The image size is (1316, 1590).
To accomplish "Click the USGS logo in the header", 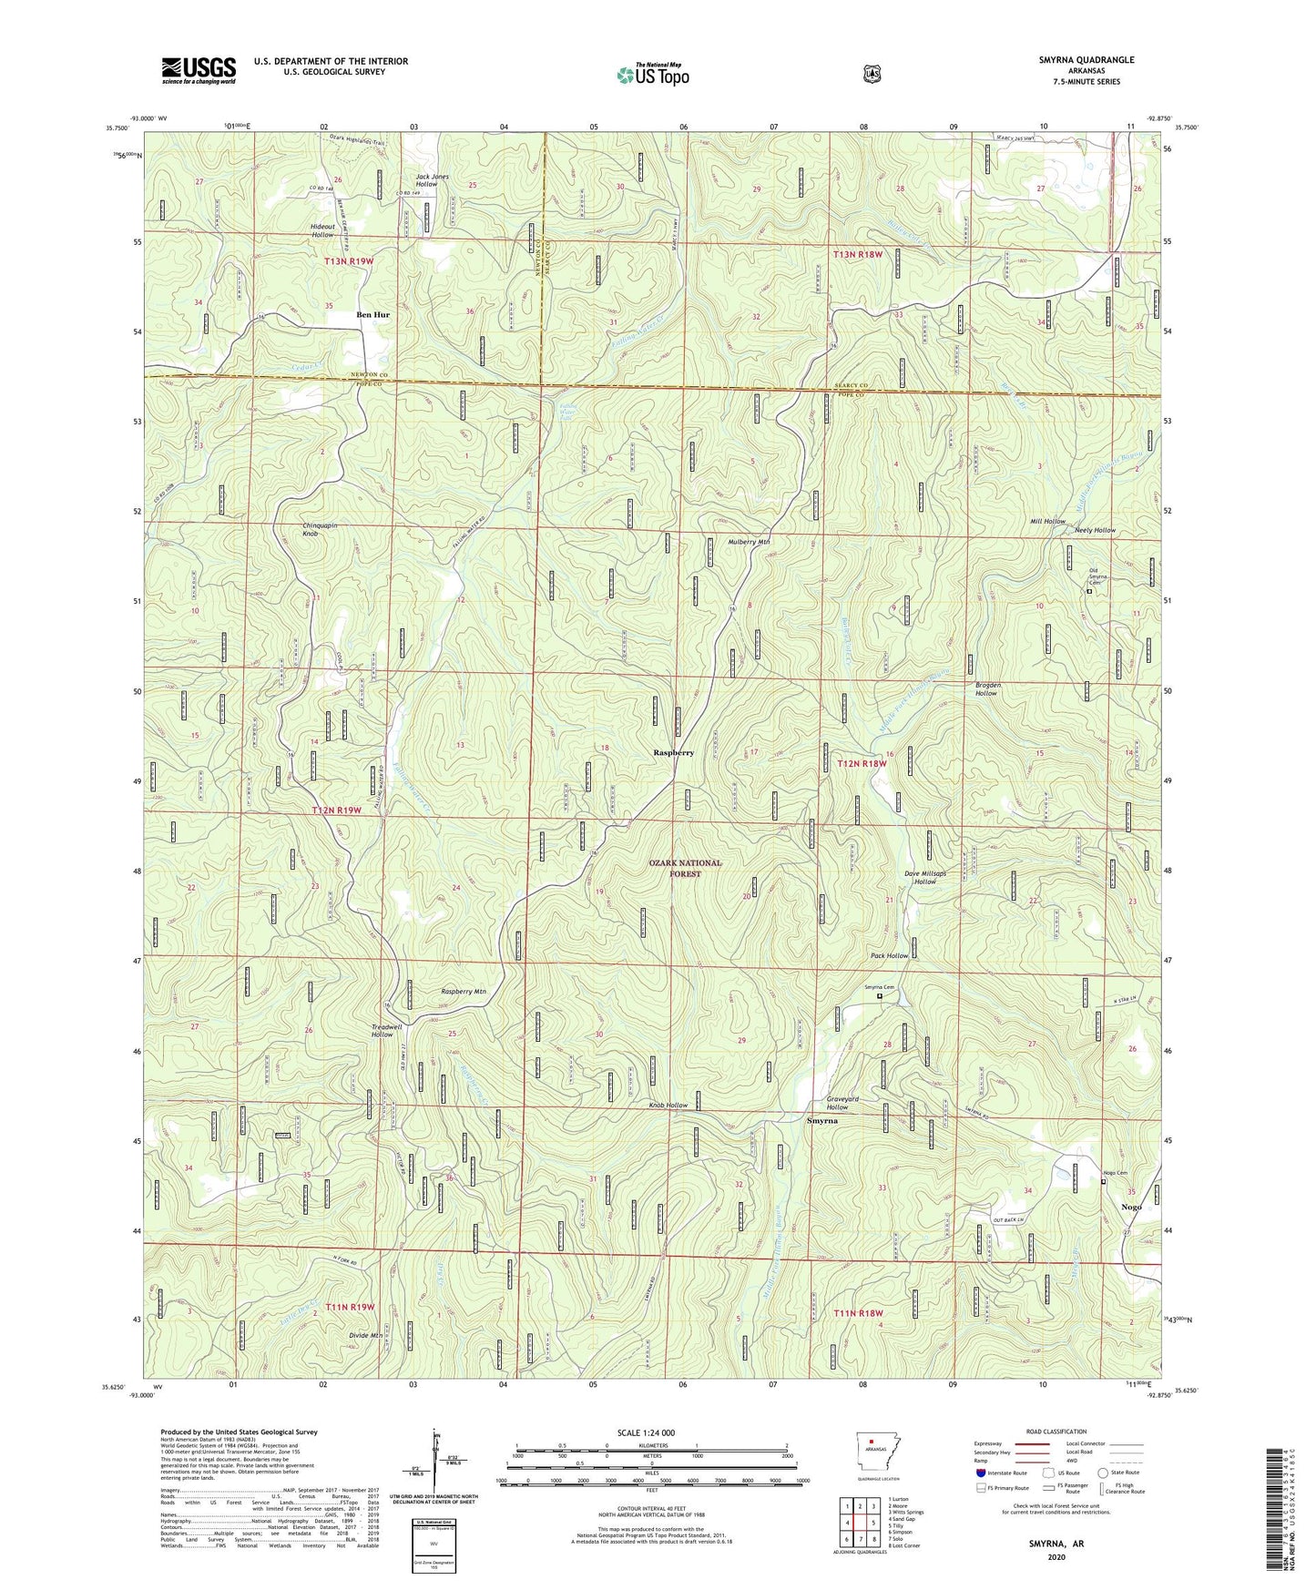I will coord(199,70).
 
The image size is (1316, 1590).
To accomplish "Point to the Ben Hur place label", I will coord(372,315).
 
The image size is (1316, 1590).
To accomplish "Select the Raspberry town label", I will coord(674,753).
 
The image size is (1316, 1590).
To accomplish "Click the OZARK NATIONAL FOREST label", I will coord(686,868).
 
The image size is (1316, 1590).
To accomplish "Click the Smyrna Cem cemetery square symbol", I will coord(879,996).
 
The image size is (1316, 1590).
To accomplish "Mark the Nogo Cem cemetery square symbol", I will coord(1104,1182).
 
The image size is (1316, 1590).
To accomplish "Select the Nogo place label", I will coord(1131,1207).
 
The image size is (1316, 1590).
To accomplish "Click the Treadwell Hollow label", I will coord(382,1031).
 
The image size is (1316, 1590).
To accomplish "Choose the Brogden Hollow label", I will coord(986,688).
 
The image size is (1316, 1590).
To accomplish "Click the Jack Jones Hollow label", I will coord(433,180).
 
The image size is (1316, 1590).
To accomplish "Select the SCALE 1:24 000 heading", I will coord(646,1432).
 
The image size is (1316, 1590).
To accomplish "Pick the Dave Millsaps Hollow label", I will coord(924,877).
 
